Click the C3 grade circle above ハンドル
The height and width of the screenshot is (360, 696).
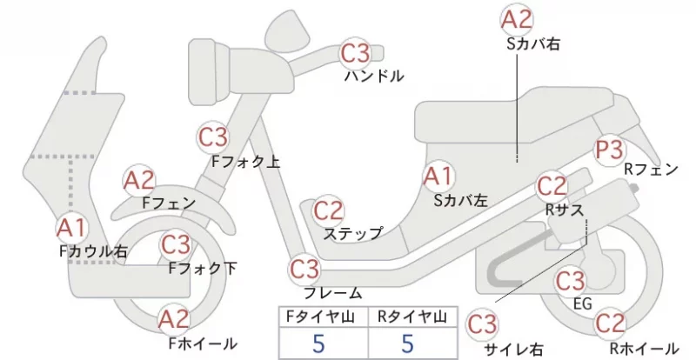point(355,53)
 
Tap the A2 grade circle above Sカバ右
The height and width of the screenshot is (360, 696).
point(517,19)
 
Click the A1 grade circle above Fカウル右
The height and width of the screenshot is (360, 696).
point(72,228)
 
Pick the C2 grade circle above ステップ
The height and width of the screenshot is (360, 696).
point(329,210)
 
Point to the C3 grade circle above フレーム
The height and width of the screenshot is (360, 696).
point(304,269)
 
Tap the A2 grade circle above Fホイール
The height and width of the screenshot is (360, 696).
point(174,319)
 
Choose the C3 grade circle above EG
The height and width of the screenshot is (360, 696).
point(571,281)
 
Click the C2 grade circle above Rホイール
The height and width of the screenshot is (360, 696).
point(610,323)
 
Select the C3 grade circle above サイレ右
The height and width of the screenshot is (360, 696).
point(482,325)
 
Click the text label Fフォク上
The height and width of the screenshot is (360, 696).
point(245,162)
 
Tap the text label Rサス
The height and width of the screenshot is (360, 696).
point(564,210)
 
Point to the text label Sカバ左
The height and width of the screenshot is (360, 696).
point(461,201)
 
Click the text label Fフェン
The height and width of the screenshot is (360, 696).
point(169,203)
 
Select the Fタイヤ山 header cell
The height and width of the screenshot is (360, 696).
point(324,317)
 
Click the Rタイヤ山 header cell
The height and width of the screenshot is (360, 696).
point(412,317)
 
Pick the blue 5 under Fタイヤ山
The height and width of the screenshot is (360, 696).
point(318,343)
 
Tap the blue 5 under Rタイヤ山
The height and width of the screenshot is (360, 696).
point(407,343)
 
